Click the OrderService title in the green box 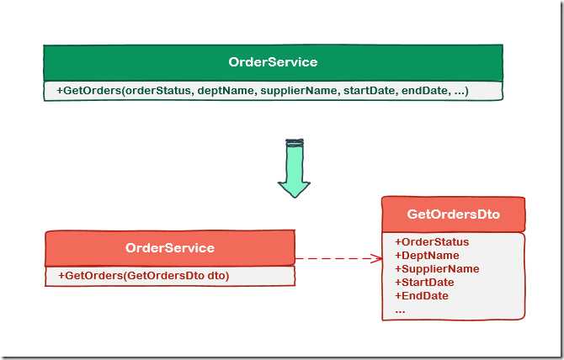point(273,62)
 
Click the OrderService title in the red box point(169,247)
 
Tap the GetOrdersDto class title point(453,214)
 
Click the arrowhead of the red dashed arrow point(377,258)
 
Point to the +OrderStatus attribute point(431,242)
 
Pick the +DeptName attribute point(427,256)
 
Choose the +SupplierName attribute point(436,269)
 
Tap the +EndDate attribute point(421,296)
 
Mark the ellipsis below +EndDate point(400,309)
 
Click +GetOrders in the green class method point(88,90)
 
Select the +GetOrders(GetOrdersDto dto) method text point(143,276)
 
